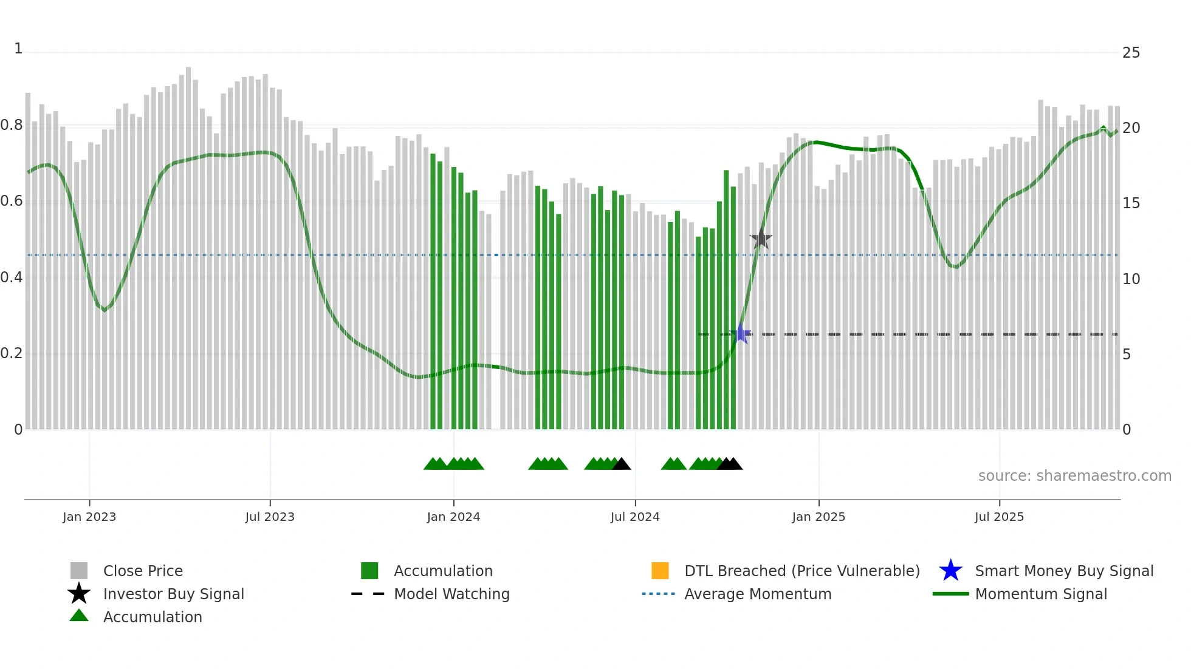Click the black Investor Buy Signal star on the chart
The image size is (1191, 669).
(761, 239)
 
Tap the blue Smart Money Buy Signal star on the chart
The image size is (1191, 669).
(741, 334)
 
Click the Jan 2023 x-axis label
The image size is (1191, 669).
(89, 517)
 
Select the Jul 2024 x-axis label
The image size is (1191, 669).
(635, 517)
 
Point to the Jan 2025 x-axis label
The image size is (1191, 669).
(819, 517)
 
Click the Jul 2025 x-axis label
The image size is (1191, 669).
(999, 517)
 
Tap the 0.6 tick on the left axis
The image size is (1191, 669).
(12, 201)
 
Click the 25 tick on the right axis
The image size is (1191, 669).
(1131, 53)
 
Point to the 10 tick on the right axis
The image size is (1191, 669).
(1131, 279)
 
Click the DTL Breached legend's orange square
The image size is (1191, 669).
(660, 571)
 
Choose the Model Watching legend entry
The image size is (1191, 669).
(451, 594)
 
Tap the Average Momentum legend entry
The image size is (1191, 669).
(758, 594)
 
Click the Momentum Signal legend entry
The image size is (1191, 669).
(1041, 594)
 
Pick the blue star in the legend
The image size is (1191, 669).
(950, 571)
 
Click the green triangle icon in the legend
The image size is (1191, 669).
(79, 616)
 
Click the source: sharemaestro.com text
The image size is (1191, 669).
(1074, 476)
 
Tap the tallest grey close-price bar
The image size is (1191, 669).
(188, 243)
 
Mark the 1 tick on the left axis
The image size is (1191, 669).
(18, 49)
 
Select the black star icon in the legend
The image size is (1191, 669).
(79, 594)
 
